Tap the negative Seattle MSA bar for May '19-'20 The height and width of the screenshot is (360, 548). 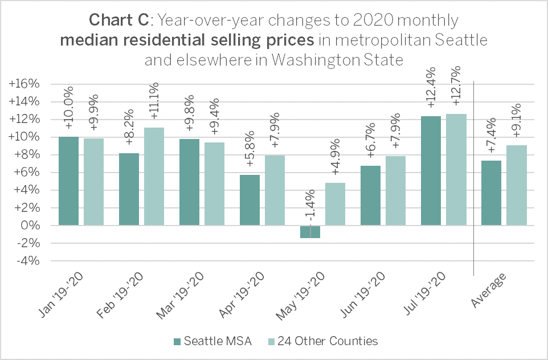coord(310,232)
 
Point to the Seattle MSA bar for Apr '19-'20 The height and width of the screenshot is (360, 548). coord(250,200)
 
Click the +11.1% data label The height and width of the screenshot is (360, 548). coord(154,101)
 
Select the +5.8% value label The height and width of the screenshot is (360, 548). coord(250,152)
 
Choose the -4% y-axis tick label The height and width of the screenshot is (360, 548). coord(27,261)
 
